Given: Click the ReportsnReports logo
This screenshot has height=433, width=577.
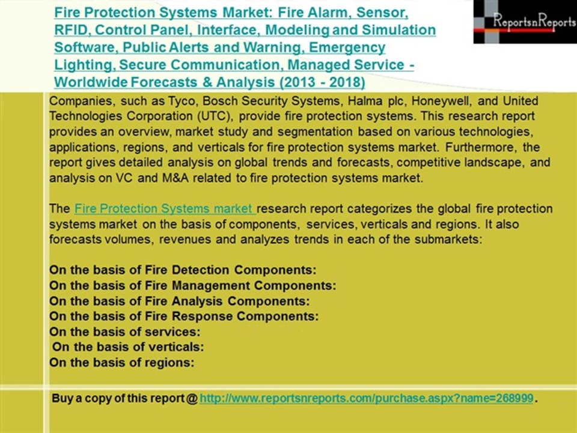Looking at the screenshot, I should coord(524,22).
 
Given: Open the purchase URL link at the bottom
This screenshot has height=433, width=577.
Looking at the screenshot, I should coord(366,398).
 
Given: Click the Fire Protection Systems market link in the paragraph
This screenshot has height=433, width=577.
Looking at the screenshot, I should coord(165,209).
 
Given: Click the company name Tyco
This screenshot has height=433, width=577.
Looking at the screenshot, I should coord(181,100).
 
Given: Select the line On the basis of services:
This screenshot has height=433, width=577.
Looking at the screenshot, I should coord(124,331).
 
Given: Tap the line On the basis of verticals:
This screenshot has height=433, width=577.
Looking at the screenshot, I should coord(128,347).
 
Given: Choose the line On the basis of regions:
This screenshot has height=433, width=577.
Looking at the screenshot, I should coord(121,363).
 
